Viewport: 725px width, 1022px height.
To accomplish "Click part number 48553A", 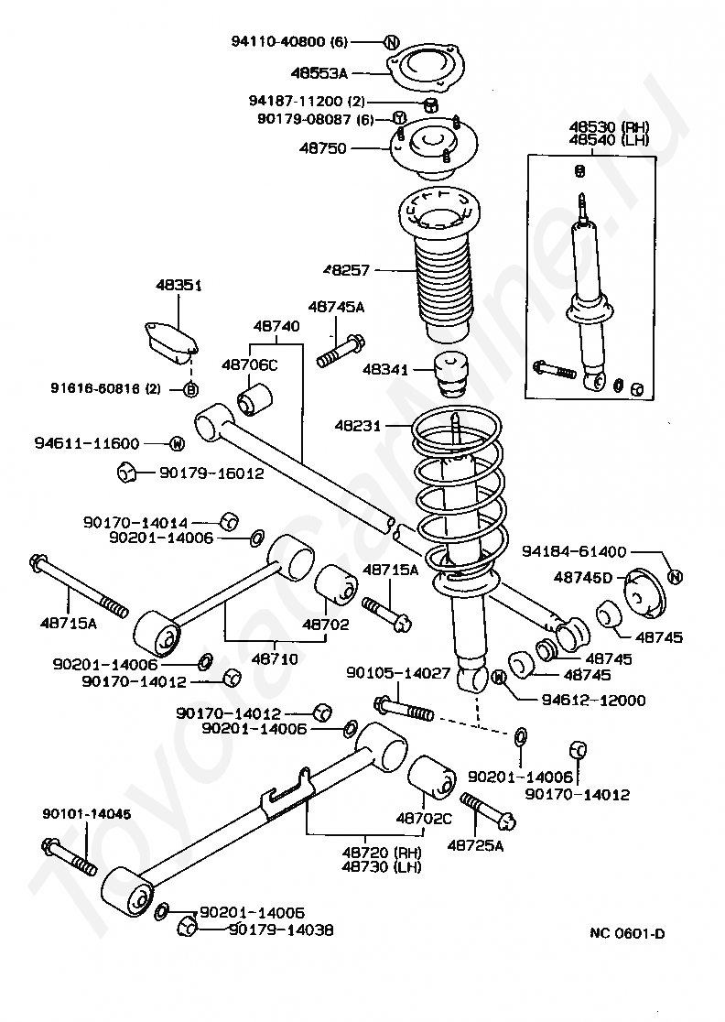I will click(x=319, y=71).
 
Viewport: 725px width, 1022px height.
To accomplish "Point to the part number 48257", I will click(x=350, y=270).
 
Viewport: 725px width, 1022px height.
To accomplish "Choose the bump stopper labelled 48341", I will click(x=451, y=373).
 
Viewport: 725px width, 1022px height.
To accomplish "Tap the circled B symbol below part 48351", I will click(x=191, y=389).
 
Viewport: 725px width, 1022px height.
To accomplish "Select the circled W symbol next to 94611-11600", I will click(x=177, y=444).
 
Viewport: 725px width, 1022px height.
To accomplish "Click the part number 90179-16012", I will click(x=211, y=473).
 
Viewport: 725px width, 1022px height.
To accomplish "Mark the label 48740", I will click(x=276, y=325).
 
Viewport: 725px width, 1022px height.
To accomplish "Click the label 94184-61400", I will click(x=574, y=551).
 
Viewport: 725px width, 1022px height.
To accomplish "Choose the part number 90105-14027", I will click(x=397, y=673).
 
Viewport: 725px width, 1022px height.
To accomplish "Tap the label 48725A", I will click(x=475, y=844).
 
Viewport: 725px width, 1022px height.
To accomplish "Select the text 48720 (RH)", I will click(x=381, y=852).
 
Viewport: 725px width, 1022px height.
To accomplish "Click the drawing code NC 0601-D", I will click(x=627, y=934).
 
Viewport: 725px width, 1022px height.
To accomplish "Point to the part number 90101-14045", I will click(x=73, y=814).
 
